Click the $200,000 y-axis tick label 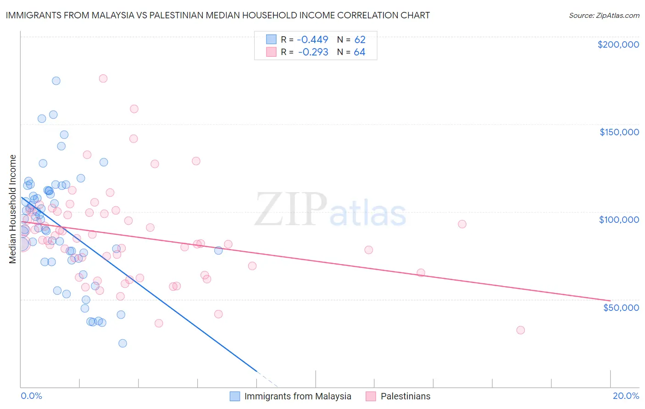tap(618, 44)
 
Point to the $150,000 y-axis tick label tap(619, 132)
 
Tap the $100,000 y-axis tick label tap(619, 220)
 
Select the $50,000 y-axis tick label tap(621, 307)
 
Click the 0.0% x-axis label tap(31, 396)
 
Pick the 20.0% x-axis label tap(626, 396)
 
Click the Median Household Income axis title tap(12, 209)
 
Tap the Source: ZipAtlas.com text tap(604, 16)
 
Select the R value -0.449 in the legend tap(313, 39)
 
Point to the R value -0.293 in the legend tap(313, 52)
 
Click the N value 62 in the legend tap(360, 39)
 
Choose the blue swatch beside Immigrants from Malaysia tap(235, 396)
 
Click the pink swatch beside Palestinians tap(371, 396)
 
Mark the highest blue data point tap(56, 81)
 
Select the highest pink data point tap(103, 78)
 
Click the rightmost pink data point tap(520, 330)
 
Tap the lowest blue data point tap(122, 343)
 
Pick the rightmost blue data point tap(218, 250)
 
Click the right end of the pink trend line tap(610, 300)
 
